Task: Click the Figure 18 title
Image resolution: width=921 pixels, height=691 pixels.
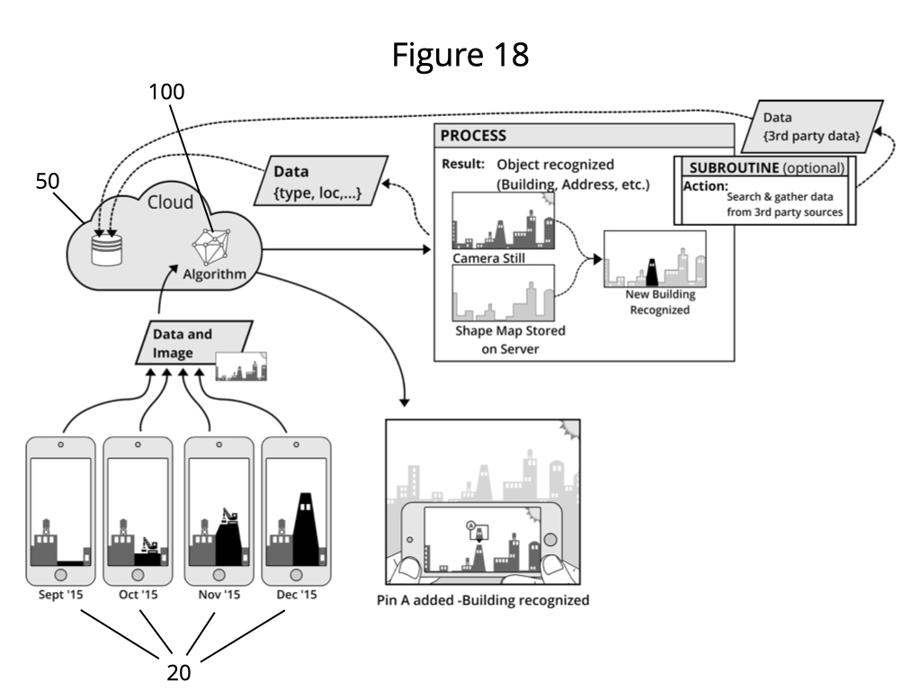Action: click(x=460, y=55)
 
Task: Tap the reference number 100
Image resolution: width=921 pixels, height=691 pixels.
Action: click(x=166, y=92)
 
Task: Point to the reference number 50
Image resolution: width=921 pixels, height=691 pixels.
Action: click(x=48, y=181)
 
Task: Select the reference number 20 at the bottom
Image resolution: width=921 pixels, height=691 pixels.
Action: click(x=179, y=672)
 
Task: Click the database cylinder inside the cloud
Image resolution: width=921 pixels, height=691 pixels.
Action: click(x=107, y=250)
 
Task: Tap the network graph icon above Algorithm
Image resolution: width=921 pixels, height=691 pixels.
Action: click(x=211, y=247)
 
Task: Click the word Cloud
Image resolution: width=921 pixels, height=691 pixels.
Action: click(x=170, y=202)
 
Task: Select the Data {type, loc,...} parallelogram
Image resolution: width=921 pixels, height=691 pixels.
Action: click(x=321, y=180)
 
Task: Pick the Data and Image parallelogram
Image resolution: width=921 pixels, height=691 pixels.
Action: click(x=194, y=343)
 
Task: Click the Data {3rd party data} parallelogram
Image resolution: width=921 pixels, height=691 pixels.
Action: click(x=812, y=126)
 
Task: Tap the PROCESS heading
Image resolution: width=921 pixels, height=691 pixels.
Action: click(x=473, y=136)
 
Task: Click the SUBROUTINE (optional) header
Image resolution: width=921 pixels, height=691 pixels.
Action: click(x=766, y=167)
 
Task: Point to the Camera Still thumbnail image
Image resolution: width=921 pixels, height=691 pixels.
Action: click(x=504, y=220)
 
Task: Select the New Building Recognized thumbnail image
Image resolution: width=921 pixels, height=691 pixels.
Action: click(x=655, y=258)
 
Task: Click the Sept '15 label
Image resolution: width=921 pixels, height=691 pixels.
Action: click(x=60, y=595)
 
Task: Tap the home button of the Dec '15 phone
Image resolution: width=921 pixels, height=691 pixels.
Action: click(x=297, y=575)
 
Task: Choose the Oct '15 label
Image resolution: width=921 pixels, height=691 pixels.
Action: click(x=138, y=595)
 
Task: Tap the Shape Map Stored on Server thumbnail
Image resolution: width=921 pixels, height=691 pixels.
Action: click(x=504, y=292)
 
